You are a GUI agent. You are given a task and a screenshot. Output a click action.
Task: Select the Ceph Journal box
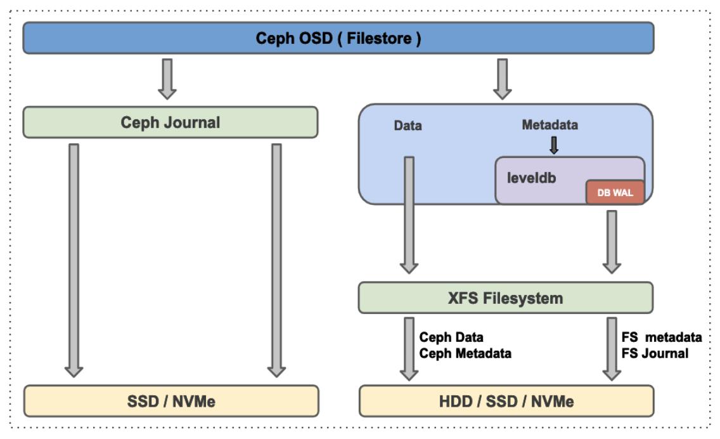170,122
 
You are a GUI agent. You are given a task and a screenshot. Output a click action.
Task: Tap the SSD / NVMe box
171,401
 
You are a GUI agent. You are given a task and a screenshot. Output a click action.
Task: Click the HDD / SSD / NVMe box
506,401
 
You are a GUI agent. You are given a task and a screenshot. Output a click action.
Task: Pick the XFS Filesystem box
506,298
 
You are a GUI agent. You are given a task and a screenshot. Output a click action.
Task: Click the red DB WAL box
615,193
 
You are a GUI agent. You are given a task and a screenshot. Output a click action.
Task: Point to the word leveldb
531,178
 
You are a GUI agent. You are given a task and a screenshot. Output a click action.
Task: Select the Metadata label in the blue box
550,125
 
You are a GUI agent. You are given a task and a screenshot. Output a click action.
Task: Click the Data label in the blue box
408,126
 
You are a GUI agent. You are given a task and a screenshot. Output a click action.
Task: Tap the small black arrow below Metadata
554,145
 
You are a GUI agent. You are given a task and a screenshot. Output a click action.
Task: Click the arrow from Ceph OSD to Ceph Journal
167,79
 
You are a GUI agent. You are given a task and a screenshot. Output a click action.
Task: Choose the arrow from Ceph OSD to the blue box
503,79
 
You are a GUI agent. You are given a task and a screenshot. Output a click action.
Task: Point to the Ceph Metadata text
465,354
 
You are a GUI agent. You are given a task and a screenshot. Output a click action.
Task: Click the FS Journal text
655,354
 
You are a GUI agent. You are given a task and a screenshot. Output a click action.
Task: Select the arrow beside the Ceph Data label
409,348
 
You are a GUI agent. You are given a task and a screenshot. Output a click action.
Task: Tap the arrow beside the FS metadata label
612,348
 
